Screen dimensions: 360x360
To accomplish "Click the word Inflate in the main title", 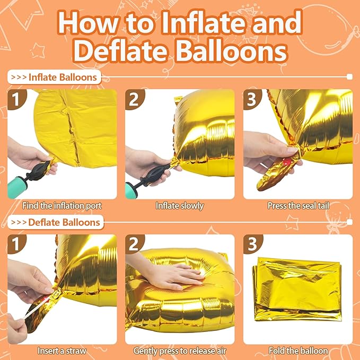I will [x=180, y=23].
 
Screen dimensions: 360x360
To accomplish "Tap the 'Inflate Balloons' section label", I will [x=63, y=77].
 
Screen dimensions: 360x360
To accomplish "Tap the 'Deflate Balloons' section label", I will [x=64, y=222].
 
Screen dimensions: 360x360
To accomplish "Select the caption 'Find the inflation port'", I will [x=62, y=206].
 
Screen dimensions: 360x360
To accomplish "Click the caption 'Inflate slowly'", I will [x=180, y=206].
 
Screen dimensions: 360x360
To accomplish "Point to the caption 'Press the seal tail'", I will [x=297, y=206].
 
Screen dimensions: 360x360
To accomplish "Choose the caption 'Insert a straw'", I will [x=62, y=350].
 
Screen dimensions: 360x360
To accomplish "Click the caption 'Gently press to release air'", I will [x=180, y=350].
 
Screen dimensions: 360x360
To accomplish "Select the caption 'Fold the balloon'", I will [x=297, y=350].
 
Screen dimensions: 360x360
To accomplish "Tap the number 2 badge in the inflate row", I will [x=135, y=99].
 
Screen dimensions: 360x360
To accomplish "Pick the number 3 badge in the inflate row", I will [x=252, y=99].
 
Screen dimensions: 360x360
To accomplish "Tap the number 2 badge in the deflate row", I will [x=135, y=244].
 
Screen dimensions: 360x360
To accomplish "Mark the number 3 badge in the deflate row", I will [x=252, y=244].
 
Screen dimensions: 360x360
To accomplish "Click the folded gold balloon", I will [x=298, y=289].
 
